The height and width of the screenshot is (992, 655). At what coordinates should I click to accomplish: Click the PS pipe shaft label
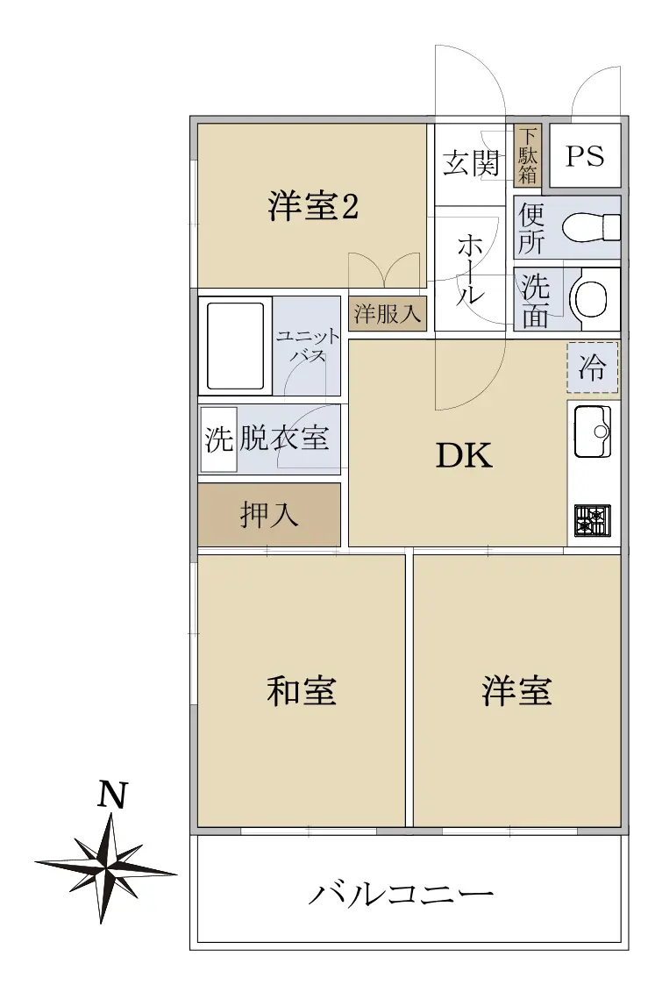click(585, 155)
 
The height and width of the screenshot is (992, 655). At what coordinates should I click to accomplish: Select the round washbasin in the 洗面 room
click(590, 298)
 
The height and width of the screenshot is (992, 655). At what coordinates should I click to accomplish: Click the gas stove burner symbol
click(593, 519)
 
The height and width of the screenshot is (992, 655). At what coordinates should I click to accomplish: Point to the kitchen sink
click(593, 432)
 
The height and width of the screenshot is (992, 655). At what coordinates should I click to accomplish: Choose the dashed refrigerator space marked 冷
click(592, 367)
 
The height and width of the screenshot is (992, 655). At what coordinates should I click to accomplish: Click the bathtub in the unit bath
click(235, 346)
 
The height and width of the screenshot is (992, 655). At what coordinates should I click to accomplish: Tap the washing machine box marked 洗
click(218, 439)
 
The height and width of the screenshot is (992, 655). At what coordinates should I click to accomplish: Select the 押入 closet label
click(269, 515)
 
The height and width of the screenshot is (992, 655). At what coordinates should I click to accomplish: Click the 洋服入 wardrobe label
click(387, 314)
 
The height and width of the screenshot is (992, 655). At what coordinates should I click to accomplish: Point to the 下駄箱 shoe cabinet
click(527, 155)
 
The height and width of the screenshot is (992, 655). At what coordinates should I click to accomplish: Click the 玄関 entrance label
click(471, 163)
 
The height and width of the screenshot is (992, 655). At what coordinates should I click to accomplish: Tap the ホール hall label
click(470, 268)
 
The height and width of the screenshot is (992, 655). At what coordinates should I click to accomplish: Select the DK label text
click(464, 455)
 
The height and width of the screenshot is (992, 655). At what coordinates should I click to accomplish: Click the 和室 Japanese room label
click(301, 690)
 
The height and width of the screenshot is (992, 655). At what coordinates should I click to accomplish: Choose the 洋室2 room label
click(313, 205)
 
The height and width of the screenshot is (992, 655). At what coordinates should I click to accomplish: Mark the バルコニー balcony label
click(401, 893)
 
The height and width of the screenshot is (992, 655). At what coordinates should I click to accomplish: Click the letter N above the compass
click(112, 795)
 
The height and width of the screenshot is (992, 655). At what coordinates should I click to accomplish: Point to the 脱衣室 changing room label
click(284, 438)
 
